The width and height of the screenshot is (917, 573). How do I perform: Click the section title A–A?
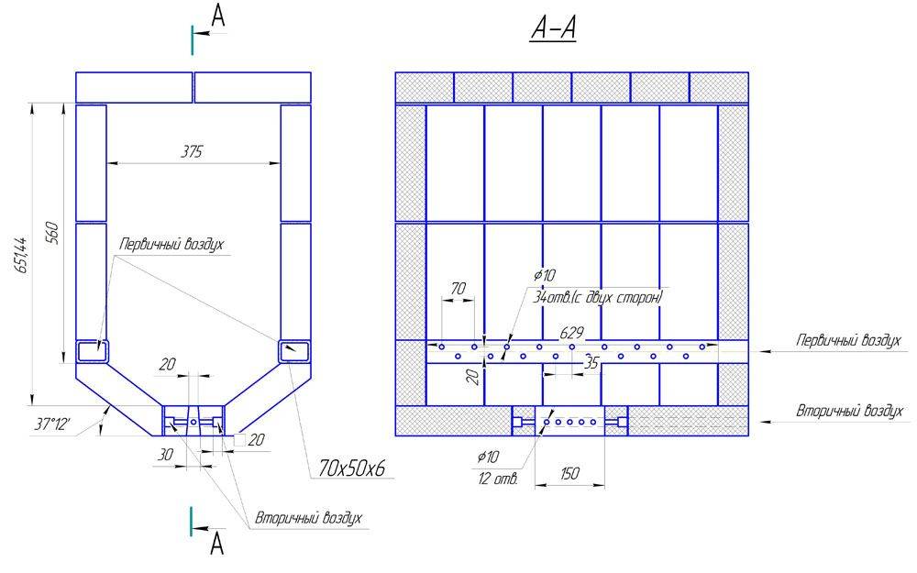(553, 29)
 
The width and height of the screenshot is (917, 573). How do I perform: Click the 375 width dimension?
(192, 152)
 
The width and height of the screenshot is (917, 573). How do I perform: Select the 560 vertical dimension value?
(52, 233)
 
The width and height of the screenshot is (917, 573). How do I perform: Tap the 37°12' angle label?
(52, 424)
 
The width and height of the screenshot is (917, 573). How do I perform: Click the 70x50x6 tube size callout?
(352, 468)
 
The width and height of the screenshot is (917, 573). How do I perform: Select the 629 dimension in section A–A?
(571, 333)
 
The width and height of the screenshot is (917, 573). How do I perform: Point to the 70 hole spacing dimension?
(458, 288)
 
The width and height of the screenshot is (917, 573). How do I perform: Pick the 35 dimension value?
(591, 363)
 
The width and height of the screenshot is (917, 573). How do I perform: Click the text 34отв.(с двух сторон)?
(597, 297)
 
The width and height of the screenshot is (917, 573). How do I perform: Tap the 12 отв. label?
(498, 479)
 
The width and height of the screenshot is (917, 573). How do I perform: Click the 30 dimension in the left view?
(165, 455)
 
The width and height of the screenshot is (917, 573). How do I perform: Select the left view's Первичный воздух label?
(171, 244)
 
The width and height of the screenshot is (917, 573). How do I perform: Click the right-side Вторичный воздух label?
(849, 411)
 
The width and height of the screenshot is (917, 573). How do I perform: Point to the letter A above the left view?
(217, 17)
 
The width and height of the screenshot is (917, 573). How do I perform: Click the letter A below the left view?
(217, 543)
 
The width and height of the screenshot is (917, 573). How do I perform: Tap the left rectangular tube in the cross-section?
(93, 351)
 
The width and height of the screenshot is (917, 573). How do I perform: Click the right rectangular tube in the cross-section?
(294, 351)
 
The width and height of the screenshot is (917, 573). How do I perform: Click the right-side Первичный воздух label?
(848, 340)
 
